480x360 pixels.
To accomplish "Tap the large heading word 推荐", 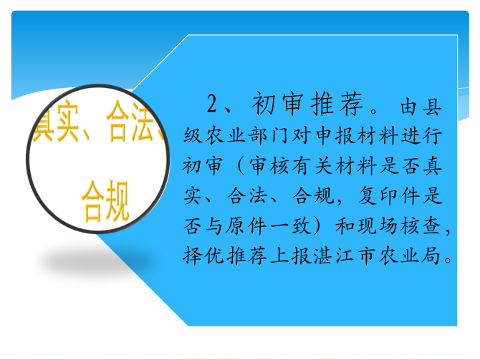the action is [337, 104].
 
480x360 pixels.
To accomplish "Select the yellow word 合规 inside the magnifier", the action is [105, 201].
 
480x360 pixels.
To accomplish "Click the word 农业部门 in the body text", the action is [237, 135].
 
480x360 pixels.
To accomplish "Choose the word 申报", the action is [335, 135].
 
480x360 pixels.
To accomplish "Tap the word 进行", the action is [422, 135].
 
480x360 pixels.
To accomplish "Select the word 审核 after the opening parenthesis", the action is [269, 166].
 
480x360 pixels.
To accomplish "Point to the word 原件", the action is [246, 226].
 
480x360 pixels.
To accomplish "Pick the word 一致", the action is [291, 226].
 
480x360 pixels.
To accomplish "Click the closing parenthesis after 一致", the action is [320, 226].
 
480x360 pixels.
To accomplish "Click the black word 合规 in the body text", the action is [313, 195].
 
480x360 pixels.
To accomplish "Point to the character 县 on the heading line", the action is [432, 107].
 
